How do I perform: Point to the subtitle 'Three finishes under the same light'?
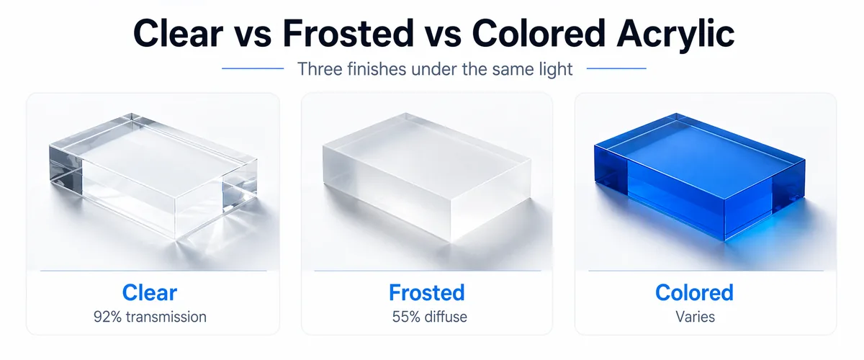point(435,70)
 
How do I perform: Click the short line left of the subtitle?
point(252,69)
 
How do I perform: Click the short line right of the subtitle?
point(617,69)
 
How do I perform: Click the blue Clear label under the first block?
point(150,293)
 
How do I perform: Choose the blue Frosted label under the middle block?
point(426,293)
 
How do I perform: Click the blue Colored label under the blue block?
point(694,293)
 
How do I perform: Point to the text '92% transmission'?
point(150,316)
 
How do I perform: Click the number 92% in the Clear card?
point(107,316)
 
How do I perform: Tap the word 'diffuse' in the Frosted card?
point(441,316)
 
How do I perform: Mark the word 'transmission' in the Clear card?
point(164,316)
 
